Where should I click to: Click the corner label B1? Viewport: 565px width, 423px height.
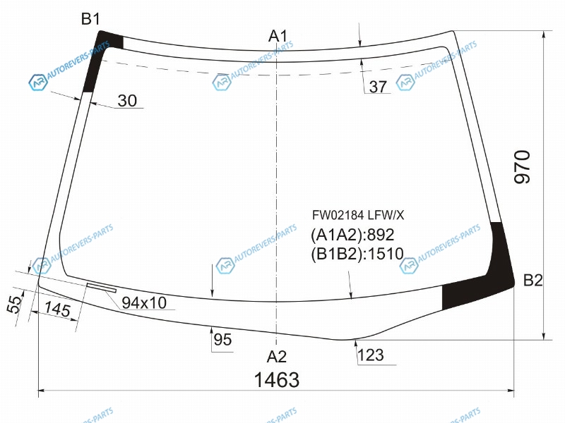tap(90, 19)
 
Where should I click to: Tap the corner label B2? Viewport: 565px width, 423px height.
tap(533, 280)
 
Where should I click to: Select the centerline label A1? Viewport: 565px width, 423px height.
tap(278, 36)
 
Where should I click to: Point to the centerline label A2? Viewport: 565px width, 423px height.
tap(276, 357)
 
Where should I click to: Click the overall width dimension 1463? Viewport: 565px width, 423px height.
tap(277, 380)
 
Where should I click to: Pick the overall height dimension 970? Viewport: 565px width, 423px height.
tap(522, 167)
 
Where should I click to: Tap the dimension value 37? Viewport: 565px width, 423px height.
tap(378, 87)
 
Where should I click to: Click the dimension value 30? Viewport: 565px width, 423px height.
tap(127, 101)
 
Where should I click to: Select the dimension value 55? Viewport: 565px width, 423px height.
tap(14, 305)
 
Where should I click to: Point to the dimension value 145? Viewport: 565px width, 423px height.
tap(57, 309)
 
